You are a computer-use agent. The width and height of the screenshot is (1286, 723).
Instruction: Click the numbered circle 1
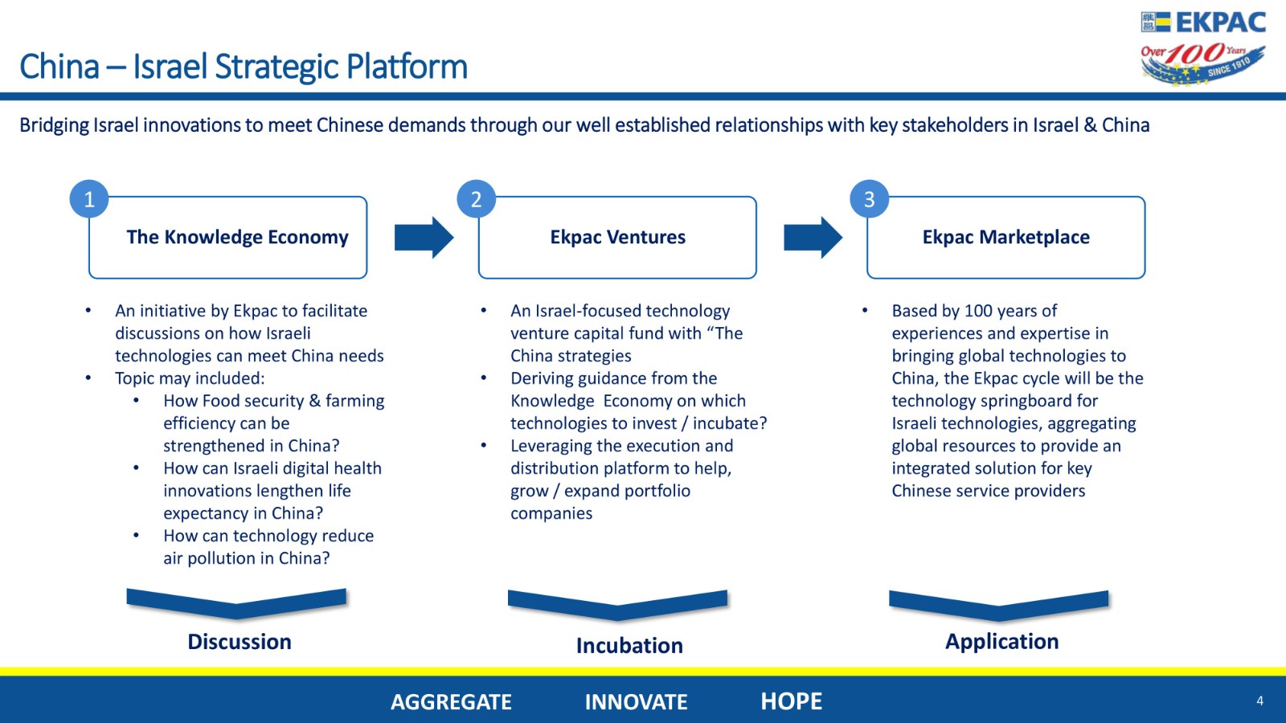pyautogui.click(x=89, y=199)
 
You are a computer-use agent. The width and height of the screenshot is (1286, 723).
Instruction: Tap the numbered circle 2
pyautogui.click(x=476, y=199)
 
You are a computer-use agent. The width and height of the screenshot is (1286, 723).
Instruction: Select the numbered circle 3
pyautogui.click(x=869, y=199)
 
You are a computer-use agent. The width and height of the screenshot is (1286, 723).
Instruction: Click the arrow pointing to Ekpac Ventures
pyautogui.click(x=424, y=238)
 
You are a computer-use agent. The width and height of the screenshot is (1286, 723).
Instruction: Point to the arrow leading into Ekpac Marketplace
pyautogui.click(x=813, y=238)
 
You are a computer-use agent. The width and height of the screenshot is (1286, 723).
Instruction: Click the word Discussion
pyautogui.click(x=240, y=642)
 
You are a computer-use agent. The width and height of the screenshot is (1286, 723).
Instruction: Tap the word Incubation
pyautogui.click(x=630, y=646)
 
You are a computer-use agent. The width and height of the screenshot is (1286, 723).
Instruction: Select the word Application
pyautogui.click(x=1001, y=642)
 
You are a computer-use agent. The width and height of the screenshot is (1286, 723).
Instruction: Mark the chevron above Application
pyautogui.click(x=998, y=611)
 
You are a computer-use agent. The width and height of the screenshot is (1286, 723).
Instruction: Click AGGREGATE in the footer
pyautogui.click(x=451, y=702)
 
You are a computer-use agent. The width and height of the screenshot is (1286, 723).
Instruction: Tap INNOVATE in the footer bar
pyautogui.click(x=636, y=702)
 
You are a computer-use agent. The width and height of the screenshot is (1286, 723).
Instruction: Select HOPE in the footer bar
pyautogui.click(x=791, y=701)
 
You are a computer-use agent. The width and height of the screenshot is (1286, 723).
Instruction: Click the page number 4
pyautogui.click(x=1259, y=701)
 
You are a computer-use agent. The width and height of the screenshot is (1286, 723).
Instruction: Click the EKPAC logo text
pyautogui.click(x=1221, y=22)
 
